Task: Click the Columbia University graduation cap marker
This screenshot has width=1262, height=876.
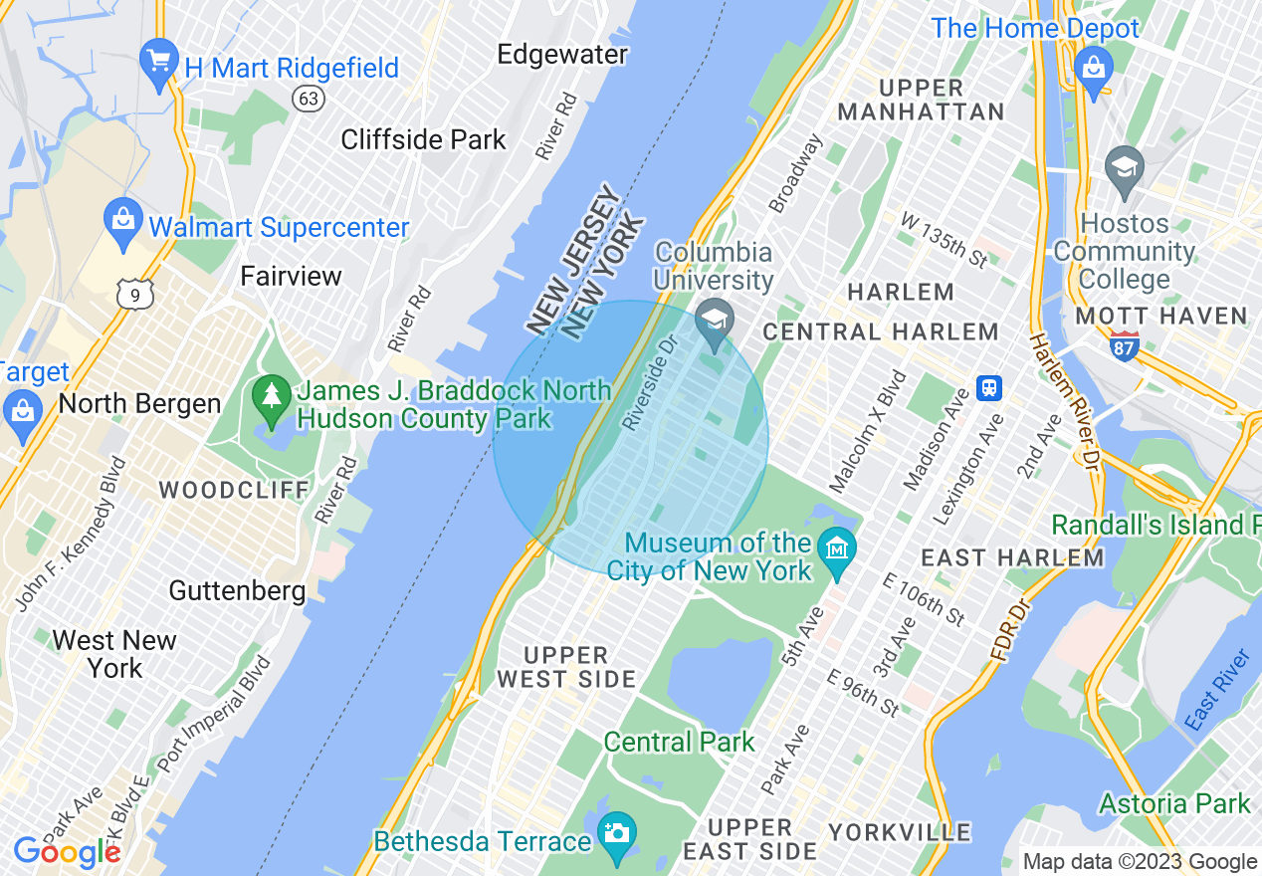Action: [x=715, y=321]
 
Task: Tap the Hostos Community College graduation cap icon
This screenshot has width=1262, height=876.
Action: [x=1124, y=166]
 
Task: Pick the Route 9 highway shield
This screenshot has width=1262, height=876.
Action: [x=133, y=294]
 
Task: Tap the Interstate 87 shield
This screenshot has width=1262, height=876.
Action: [x=1125, y=345]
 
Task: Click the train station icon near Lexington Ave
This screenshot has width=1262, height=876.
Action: [x=989, y=386]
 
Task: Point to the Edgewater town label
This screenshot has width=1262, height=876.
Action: [x=562, y=54]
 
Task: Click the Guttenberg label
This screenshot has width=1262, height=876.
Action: [x=237, y=590]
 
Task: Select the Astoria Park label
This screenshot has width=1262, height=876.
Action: [x=1174, y=803]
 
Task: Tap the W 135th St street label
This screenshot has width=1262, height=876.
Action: [x=943, y=239]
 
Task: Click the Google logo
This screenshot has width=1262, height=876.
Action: [x=67, y=852]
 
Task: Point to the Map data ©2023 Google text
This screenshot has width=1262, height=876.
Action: [x=1140, y=862]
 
